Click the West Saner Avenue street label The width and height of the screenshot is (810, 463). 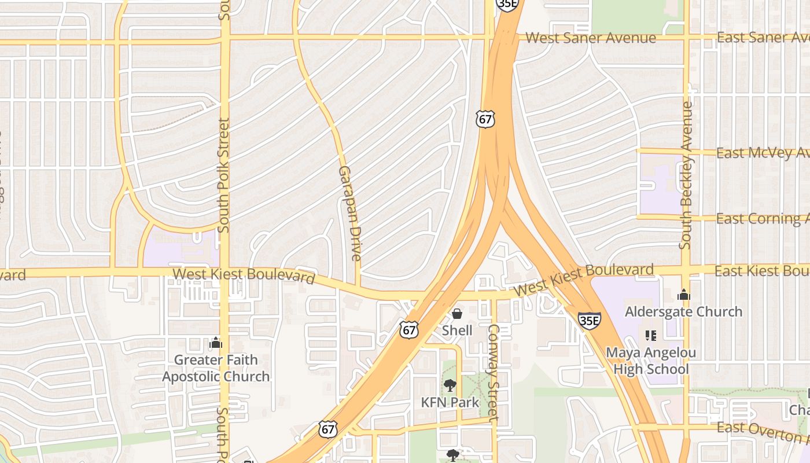[x=590, y=38]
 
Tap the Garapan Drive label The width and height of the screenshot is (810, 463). [x=350, y=213]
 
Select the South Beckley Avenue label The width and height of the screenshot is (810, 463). [x=686, y=175]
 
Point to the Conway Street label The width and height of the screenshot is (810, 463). [x=493, y=372]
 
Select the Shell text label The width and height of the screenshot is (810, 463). [x=457, y=330]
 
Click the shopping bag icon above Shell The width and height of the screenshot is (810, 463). [x=457, y=314]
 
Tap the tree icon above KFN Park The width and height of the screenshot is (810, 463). [x=450, y=385]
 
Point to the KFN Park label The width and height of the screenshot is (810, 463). [x=450, y=402]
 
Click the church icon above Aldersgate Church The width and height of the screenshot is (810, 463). [x=683, y=295]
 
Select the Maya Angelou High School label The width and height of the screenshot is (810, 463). [x=651, y=361]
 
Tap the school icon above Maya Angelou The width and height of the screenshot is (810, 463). [x=650, y=336]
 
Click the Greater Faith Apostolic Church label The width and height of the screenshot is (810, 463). [x=216, y=368]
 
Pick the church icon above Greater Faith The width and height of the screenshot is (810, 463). [x=216, y=343]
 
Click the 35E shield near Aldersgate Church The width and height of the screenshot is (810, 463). [x=589, y=319]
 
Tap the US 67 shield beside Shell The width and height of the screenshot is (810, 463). [x=408, y=330]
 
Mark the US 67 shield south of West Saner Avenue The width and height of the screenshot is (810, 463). [x=486, y=119]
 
